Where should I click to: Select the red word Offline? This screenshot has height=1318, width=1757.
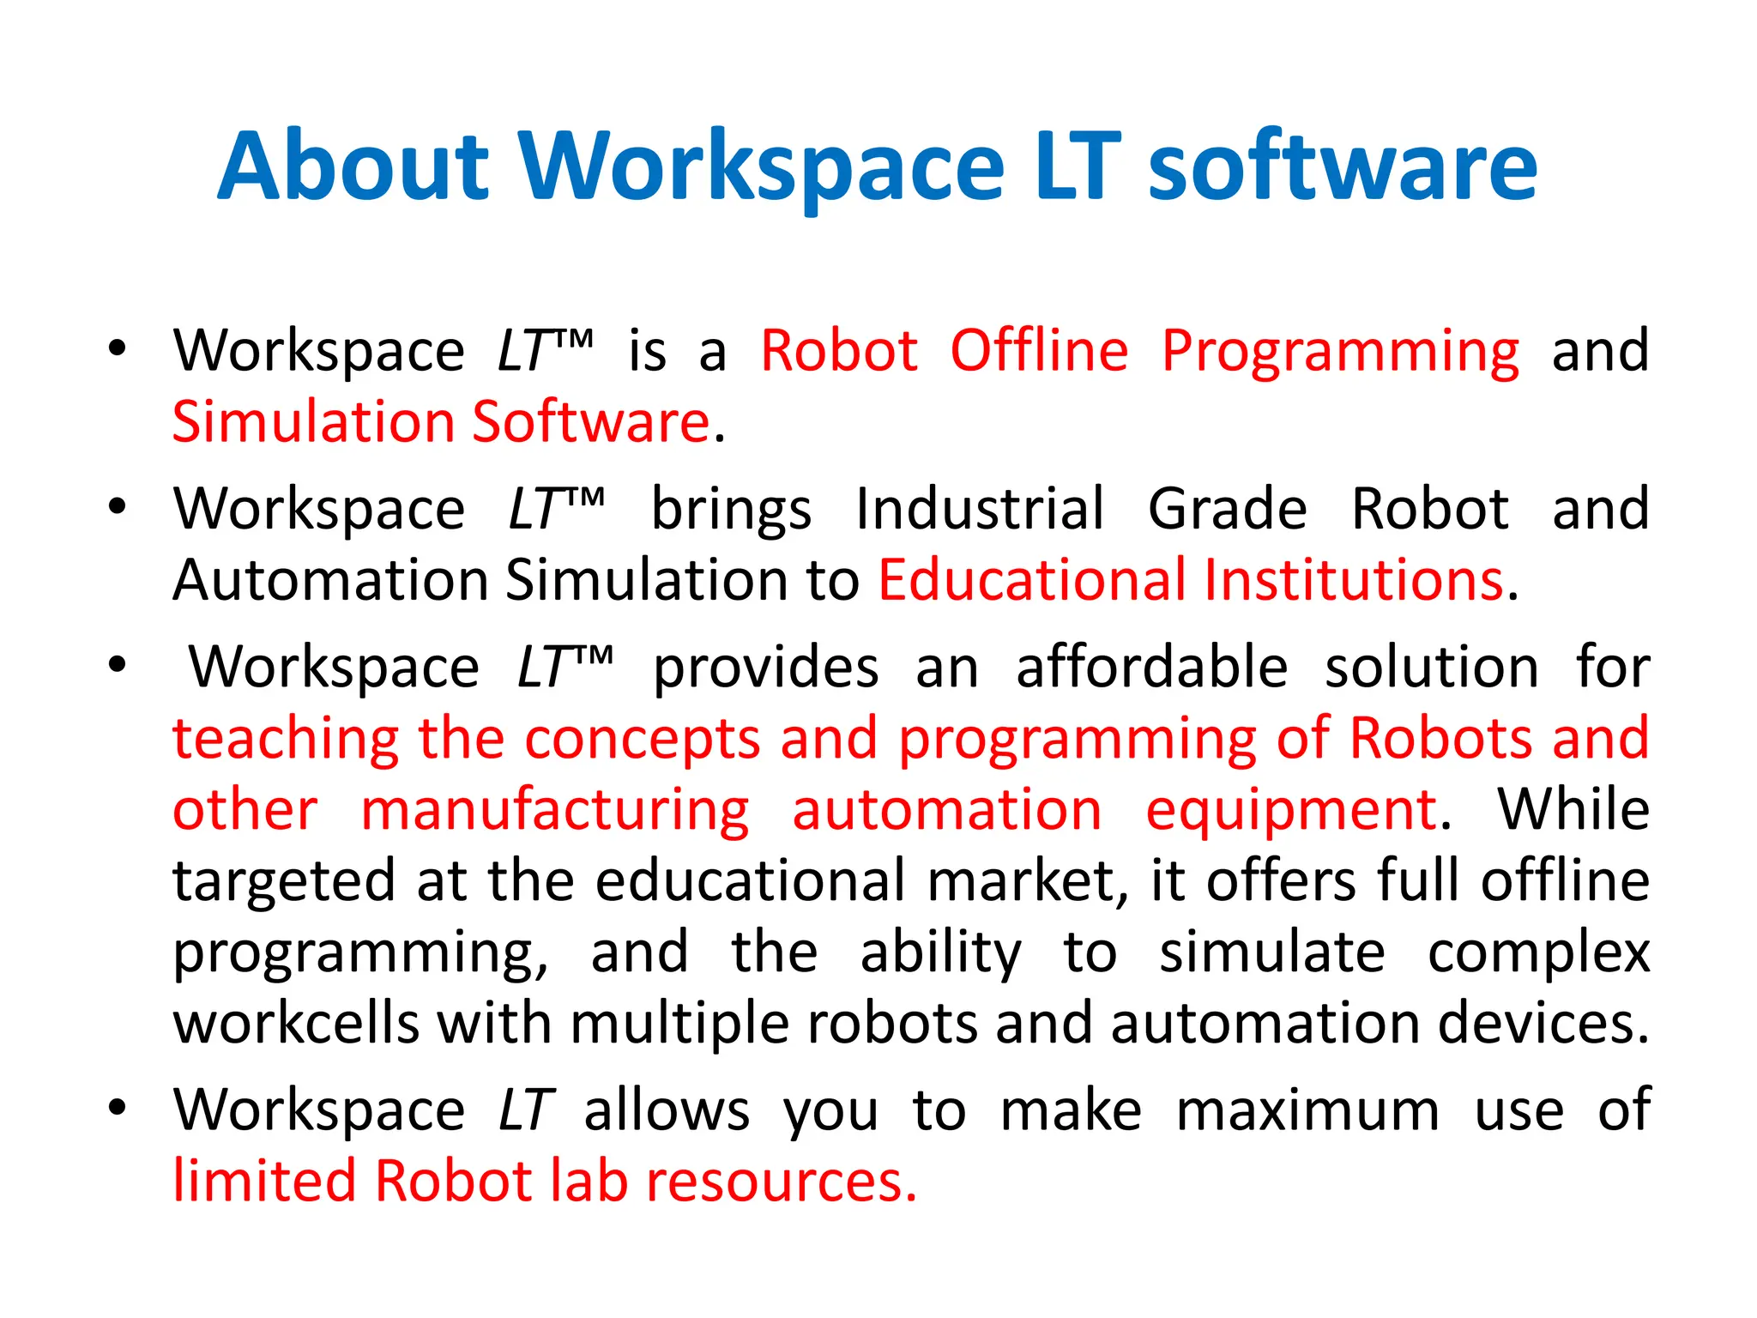click(x=1039, y=351)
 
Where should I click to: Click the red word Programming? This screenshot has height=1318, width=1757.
click(x=1340, y=351)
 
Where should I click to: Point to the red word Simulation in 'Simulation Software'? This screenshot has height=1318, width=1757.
click(x=313, y=422)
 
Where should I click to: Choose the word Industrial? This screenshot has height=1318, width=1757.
click(x=980, y=509)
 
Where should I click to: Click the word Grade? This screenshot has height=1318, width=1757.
click(x=1228, y=509)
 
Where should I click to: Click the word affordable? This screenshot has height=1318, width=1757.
click(x=1151, y=668)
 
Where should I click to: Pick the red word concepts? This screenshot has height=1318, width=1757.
click(x=643, y=739)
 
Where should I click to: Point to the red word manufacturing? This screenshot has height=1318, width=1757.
click(x=554, y=810)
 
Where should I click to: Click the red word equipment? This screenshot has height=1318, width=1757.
click(x=1291, y=810)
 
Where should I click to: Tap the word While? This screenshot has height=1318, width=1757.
click(x=1573, y=810)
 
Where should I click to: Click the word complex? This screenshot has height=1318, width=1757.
click(x=1538, y=952)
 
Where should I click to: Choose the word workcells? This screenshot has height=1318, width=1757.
click(x=295, y=1024)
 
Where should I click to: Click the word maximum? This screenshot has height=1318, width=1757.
click(x=1307, y=1110)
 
